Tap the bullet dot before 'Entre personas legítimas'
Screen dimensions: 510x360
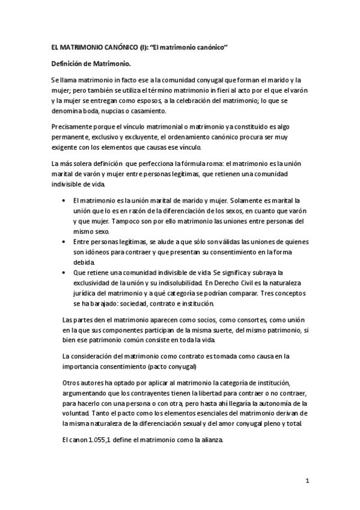(x=64, y=241)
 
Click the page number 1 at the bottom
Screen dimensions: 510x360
(x=307, y=482)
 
